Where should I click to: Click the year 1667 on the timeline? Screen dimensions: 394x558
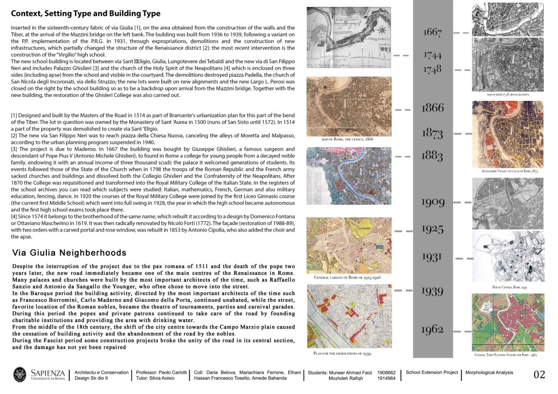[x=433, y=33]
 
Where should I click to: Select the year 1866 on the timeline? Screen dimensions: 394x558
[x=433, y=108]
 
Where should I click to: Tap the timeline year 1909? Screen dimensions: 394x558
[x=433, y=203]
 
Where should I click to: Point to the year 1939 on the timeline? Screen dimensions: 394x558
[x=433, y=292]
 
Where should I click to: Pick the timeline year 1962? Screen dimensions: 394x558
[x=433, y=329]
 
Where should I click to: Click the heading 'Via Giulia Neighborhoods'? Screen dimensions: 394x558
[x=69, y=253]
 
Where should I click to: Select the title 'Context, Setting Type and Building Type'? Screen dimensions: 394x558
[x=86, y=13]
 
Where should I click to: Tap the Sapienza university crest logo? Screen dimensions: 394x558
[x=20, y=375]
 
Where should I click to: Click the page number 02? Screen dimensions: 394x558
[x=539, y=375]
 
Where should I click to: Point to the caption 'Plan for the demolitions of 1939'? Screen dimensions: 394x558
[x=343, y=354]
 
